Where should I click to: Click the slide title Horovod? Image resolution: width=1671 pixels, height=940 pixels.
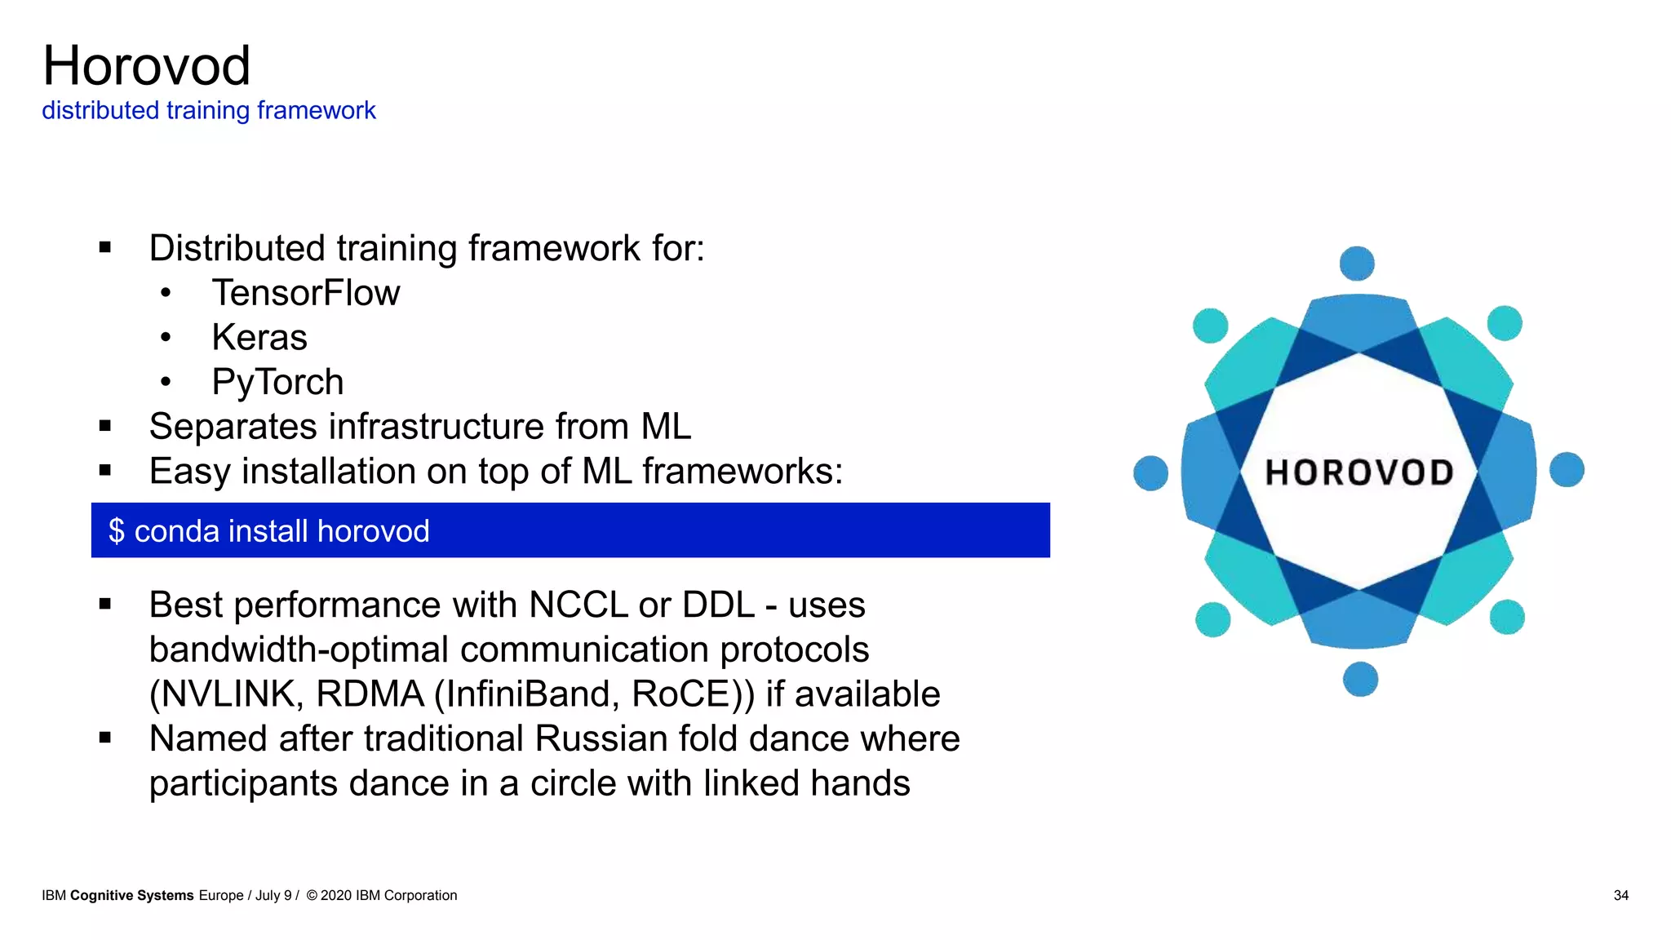[146, 66]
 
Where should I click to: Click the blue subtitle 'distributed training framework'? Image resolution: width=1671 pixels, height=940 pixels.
[208, 110]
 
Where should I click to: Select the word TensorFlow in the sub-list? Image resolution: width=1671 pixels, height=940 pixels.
[306, 293]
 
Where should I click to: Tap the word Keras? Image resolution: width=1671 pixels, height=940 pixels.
[259, 338]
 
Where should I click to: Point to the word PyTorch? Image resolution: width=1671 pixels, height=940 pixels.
[277, 382]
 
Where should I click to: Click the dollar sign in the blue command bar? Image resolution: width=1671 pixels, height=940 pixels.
[117, 531]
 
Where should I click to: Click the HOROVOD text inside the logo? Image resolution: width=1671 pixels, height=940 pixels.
[1359, 472]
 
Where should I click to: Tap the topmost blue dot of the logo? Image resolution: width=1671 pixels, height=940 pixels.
[1357, 264]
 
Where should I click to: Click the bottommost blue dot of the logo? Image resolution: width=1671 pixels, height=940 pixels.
[1360, 679]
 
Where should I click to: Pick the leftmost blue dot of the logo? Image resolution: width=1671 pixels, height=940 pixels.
[1150, 473]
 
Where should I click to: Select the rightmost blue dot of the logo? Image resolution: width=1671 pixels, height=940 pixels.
[1567, 470]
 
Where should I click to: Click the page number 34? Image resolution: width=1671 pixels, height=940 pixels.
[1620, 895]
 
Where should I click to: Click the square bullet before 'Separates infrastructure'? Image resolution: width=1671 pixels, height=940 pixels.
[104, 425]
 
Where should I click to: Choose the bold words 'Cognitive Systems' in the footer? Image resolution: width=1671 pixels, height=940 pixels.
[132, 895]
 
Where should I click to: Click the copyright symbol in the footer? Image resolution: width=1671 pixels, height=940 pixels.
[312, 895]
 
